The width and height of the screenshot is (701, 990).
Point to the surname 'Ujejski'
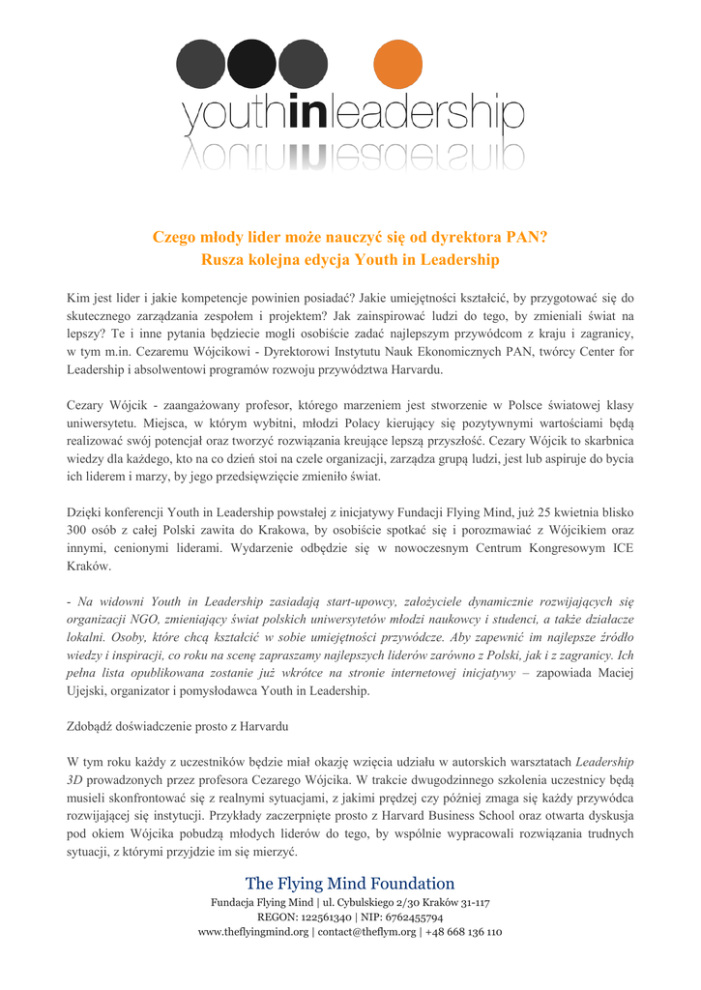click(x=88, y=692)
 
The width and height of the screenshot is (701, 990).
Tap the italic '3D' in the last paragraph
click(x=75, y=779)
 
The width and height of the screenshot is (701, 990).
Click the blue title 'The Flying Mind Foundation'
click(x=350, y=884)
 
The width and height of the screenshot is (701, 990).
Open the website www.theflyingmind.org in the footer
click(x=253, y=933)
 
